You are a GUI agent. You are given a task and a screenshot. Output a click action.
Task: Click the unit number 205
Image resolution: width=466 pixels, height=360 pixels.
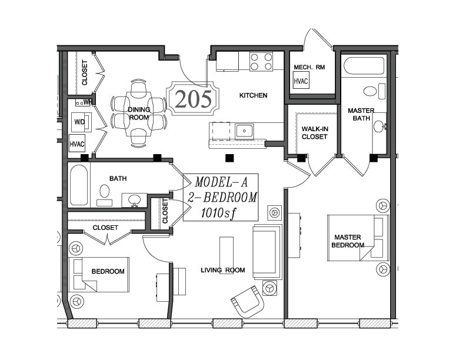pyautogui.click(x=193, y=99)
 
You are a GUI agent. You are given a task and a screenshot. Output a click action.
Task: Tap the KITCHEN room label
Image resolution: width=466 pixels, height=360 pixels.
pyautogui.click(x=253, y=95)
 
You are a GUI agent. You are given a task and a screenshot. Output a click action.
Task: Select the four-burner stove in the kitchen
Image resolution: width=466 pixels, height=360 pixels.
pyautogui.click(x=261, y=61)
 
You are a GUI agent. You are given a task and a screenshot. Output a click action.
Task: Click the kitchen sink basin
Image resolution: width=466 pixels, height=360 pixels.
pyautogui.click(x=244, y=131)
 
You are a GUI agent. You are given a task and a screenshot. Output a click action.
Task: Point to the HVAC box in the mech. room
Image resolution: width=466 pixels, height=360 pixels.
pyautogui.click(x=301, y=81)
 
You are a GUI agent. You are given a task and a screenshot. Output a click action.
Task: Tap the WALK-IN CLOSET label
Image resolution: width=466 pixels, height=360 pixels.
pyautogui.click(x=314, y=133)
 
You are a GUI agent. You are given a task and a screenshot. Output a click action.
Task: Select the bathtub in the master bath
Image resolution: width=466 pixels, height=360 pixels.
pyautogui.click(x=364, y=66)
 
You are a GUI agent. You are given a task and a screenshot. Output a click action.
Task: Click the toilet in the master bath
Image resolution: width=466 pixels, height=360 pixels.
pyautogui.click(x=374, y=91)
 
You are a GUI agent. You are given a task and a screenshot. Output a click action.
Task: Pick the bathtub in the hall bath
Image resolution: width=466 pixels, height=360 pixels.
pyautogui.click(x=79, y=185)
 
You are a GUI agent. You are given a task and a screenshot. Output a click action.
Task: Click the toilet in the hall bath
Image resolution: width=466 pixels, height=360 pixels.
pyautogui.click(x=105, y=195)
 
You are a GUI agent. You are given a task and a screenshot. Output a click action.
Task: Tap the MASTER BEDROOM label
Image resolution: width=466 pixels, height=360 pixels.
pyautogui.click(x=348, y=241)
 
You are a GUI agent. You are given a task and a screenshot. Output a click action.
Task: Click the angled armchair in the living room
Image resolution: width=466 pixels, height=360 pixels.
pyautogui.click(x=248, y=301)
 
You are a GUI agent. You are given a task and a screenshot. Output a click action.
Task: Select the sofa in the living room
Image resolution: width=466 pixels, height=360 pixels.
pyautogui.click(x=267, y=252)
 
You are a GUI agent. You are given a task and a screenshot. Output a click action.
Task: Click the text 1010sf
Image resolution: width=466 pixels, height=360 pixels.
pyautogui.click(x=219, y=214)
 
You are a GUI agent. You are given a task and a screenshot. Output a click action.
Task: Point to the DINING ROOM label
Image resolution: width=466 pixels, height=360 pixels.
pyautogui.click(x=139, y=114)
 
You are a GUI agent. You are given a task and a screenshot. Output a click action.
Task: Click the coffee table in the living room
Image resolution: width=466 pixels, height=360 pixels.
pyautogui.click(x=227, y=255)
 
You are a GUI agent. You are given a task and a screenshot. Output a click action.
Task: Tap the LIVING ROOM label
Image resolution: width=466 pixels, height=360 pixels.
pyautogui.click(x=223, y=270)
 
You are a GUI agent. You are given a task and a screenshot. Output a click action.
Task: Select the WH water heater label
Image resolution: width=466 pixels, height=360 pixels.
pyautogui.click(x=88, y=102)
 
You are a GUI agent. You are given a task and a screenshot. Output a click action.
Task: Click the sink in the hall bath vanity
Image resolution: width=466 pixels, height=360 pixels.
pyautogui.click(x=135, y=199)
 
